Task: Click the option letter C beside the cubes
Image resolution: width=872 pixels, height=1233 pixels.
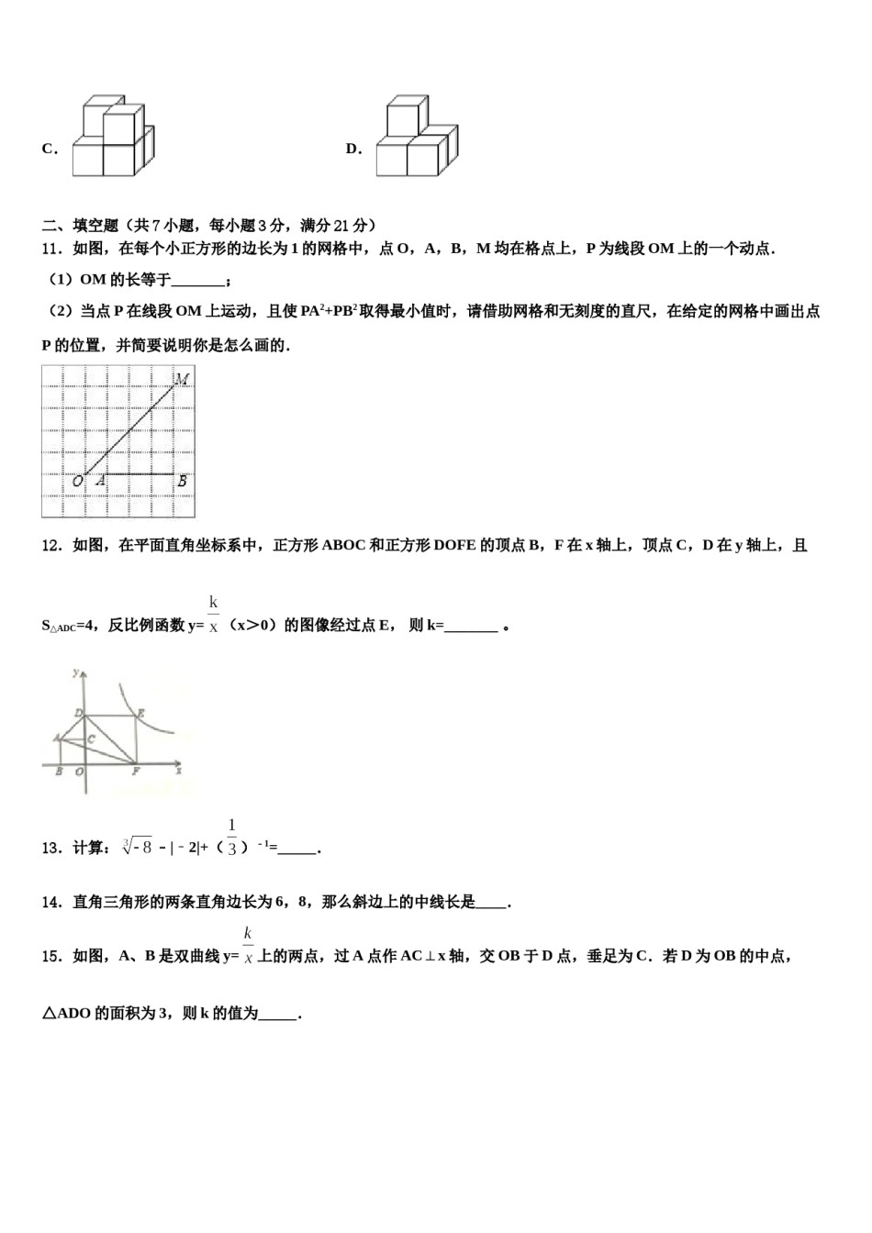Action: point(49,149)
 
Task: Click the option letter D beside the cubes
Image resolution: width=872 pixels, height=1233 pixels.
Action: point(352,149)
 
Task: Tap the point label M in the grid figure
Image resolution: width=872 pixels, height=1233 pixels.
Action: point(182,378)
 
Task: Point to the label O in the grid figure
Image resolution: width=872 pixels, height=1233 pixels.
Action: point(77,481)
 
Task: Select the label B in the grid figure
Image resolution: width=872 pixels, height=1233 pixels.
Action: point(182,481)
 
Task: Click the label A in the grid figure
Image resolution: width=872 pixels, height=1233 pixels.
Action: point(99,481)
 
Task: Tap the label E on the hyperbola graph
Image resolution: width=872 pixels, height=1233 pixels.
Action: point(140,712)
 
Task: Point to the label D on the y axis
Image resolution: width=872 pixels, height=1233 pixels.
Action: point(79,713)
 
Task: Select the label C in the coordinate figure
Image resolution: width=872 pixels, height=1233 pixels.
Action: point(91,738)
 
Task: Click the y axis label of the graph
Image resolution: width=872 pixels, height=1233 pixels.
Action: point(75,674)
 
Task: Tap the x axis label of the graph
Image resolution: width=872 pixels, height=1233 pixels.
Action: point(178,772)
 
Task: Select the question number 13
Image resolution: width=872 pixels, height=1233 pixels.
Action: point(51,848)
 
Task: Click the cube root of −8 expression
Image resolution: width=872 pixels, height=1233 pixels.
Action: point(137,847)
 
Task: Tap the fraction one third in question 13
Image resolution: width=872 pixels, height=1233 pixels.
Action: point(231,837)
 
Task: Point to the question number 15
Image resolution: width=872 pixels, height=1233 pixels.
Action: point(51,956)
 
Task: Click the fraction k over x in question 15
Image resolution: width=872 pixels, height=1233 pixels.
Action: point(248,946)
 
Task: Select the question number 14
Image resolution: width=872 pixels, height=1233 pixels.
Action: point(51,903)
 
